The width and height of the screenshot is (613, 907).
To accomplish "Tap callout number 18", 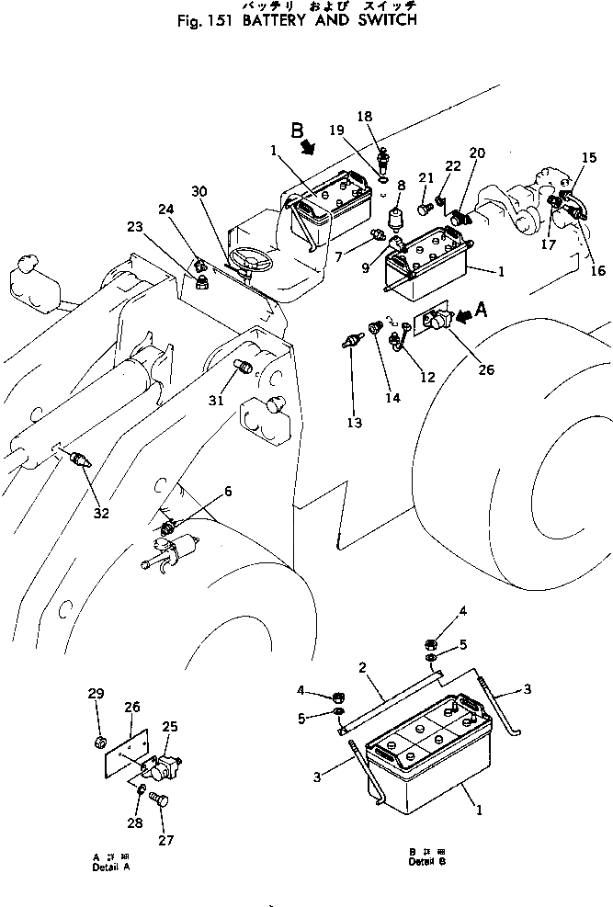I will click(x=365, y=117).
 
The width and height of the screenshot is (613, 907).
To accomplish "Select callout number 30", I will click(x=199, y=191).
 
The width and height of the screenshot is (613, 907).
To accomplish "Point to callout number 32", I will click(x=101, y=514).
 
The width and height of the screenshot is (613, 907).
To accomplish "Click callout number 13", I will click(x=354, y=423).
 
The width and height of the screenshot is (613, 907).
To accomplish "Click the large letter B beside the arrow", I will click(x=298, y=131).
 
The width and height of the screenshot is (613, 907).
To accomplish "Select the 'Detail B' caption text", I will click(x=428, y=862).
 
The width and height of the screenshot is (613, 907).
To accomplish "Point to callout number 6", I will click(x=227, y=492).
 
